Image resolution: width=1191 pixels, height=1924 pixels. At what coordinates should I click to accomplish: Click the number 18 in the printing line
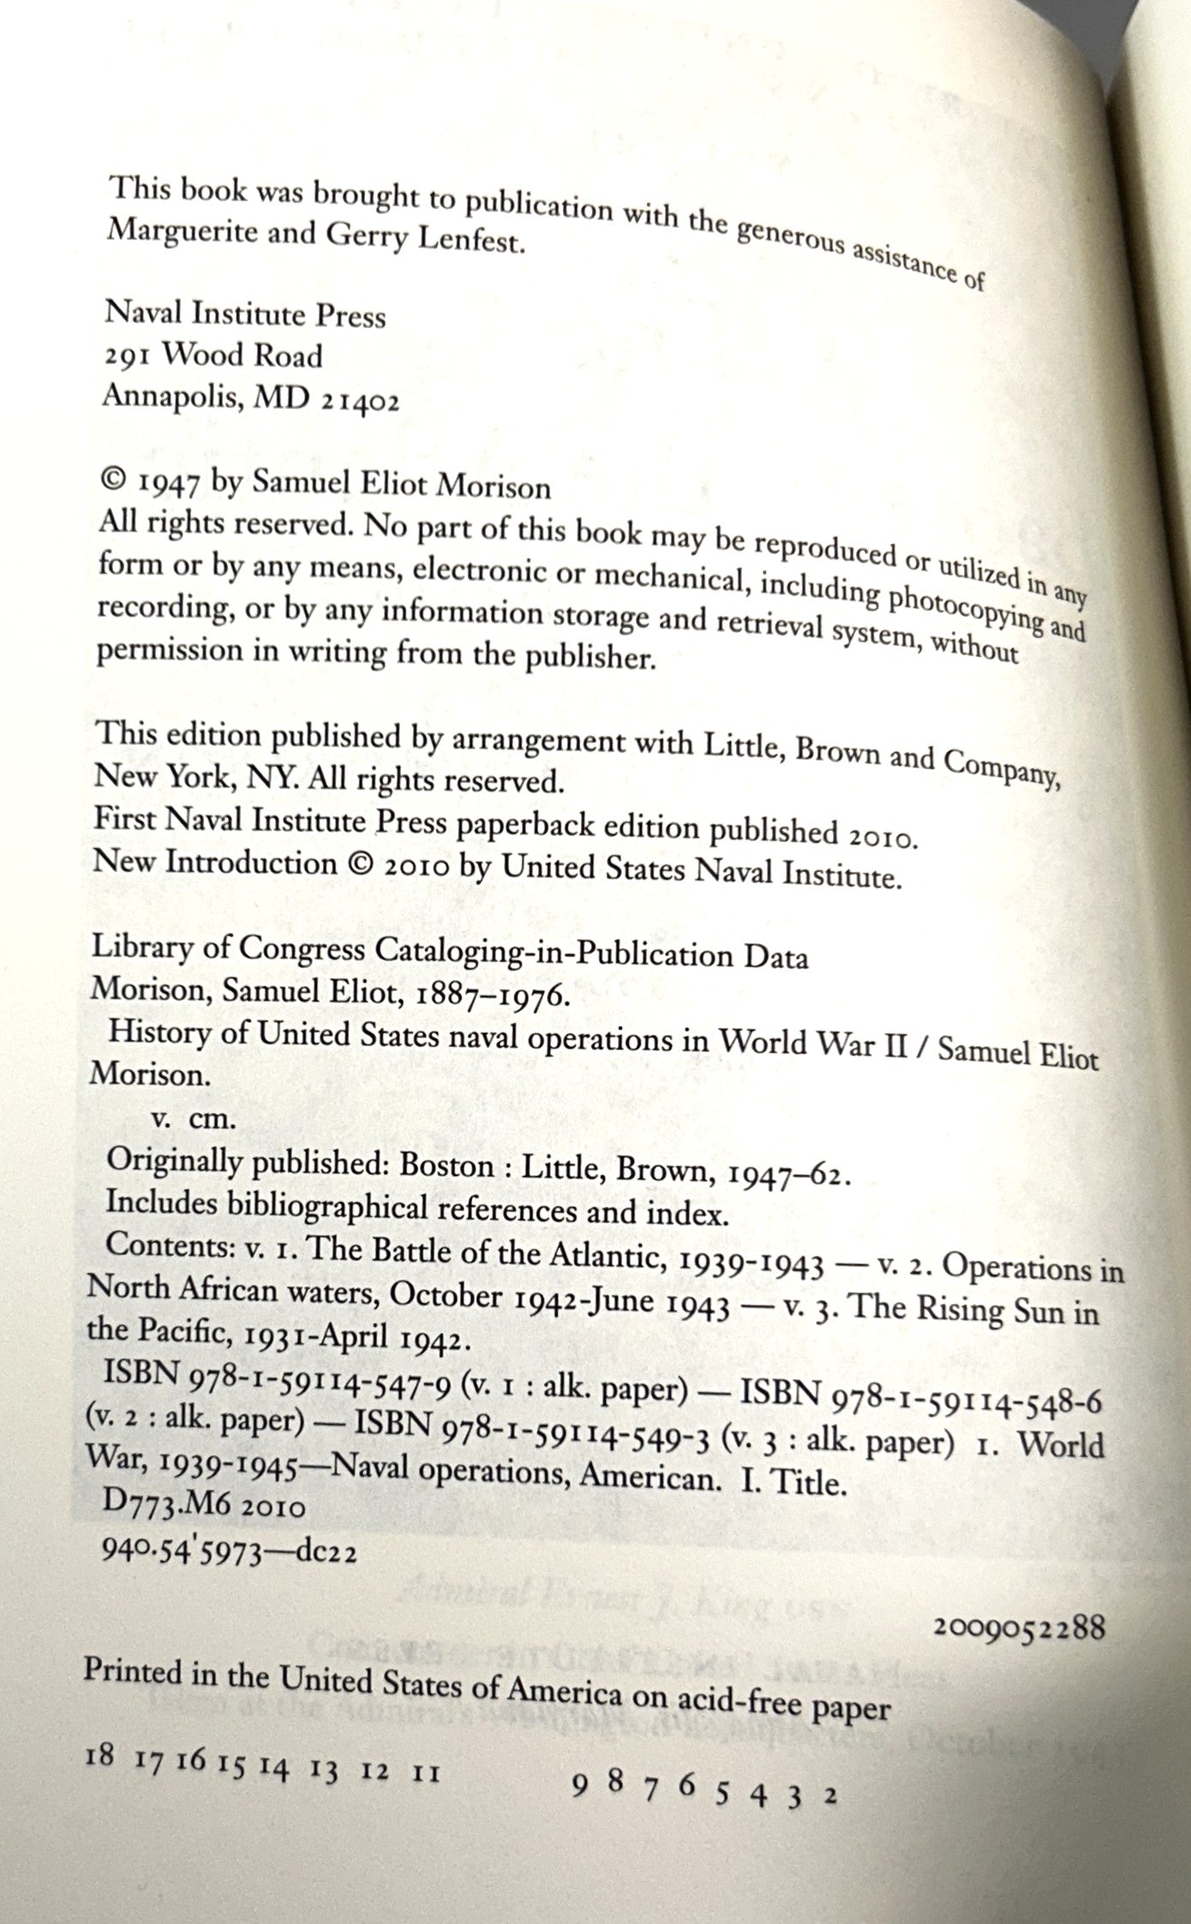point(100,1750)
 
